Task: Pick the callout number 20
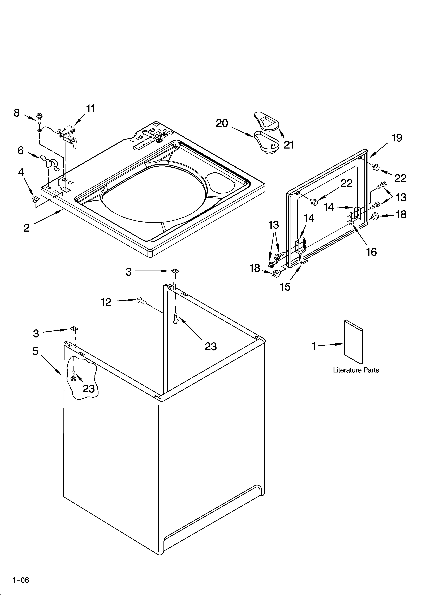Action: [x=222, y=123]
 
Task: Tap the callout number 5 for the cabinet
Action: [x=35, y=351]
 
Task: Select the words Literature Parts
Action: [x=356, y=370]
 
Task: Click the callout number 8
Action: [x=16, y=113]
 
